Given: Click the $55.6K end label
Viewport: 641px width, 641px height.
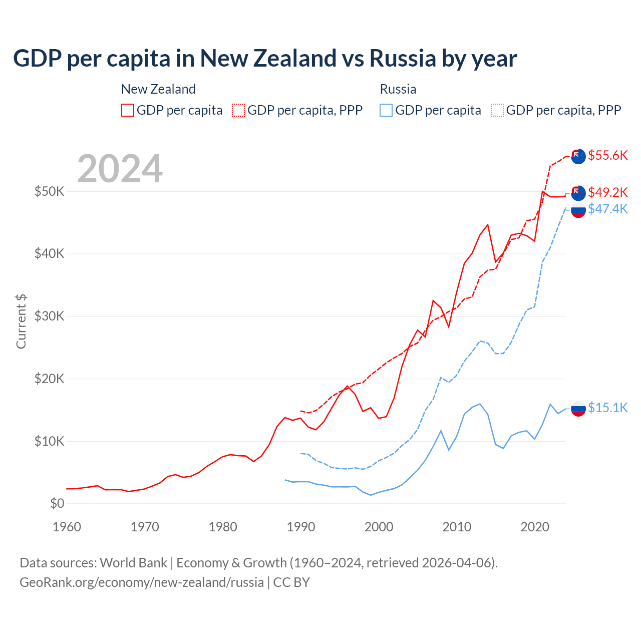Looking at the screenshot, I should point(607,155).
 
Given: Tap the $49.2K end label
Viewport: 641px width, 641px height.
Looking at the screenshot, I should point(607,192).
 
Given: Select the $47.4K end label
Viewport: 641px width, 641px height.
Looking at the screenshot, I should point(607,209).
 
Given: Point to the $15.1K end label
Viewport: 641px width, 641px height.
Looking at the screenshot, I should point(607,408).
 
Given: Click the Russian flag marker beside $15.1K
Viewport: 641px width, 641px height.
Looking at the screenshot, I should point(578,409).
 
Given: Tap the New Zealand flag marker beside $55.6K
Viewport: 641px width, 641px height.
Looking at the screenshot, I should point(578,156).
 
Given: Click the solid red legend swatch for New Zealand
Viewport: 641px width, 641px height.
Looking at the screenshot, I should point(128,110).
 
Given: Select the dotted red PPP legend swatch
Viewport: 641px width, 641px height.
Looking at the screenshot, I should point(238,110).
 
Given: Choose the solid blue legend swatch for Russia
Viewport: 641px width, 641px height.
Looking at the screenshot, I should point(386,110).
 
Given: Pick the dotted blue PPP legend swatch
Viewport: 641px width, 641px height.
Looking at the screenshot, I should point(497,110).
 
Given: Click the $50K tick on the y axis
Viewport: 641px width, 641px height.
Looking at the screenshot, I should point(49,191).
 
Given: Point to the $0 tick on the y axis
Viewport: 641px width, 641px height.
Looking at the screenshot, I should point(57,503).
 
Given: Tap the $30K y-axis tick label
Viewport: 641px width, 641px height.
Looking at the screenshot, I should point(49,316).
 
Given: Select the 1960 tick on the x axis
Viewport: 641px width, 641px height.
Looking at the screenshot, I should point(67,527).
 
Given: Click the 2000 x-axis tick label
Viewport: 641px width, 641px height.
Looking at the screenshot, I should point(379,527).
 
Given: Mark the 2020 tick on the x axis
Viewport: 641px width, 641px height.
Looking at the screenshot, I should point(535,527).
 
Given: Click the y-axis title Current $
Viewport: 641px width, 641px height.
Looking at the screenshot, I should point(21,322).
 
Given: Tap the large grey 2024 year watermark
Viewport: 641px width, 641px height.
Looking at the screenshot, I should point(120,169).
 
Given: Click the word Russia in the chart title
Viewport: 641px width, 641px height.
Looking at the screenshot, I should point(403,58).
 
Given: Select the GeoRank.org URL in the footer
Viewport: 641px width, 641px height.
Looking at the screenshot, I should point(142,582).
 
